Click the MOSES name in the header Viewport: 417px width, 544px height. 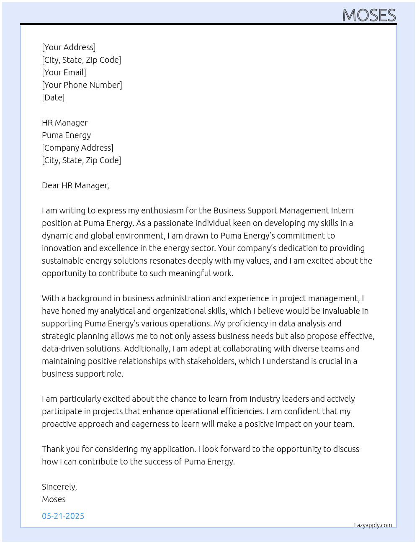[x=369, y=15]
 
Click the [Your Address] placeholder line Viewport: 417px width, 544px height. [x=69, y=47]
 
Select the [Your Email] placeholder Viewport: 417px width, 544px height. [x=64, y=72]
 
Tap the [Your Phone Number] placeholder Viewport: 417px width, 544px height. [x=82, y=85]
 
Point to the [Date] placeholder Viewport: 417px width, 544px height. [x=53, y=98]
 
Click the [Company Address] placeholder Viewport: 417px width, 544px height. [x=77, y=148]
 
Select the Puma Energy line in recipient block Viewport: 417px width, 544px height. [x=66, y=135]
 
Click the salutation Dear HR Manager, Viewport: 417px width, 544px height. [x=75, y=185]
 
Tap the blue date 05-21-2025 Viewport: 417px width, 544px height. [x=63, y=516]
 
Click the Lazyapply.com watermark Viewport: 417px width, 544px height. [x=373, y=525]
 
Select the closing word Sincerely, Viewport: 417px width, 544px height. [x=59, y=487]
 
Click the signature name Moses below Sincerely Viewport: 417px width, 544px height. [x=54, y=499]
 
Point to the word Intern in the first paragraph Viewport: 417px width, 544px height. [x=342, y=210]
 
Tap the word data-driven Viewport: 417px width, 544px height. [x=60, y=349]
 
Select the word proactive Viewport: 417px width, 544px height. [x=59, y=424]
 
